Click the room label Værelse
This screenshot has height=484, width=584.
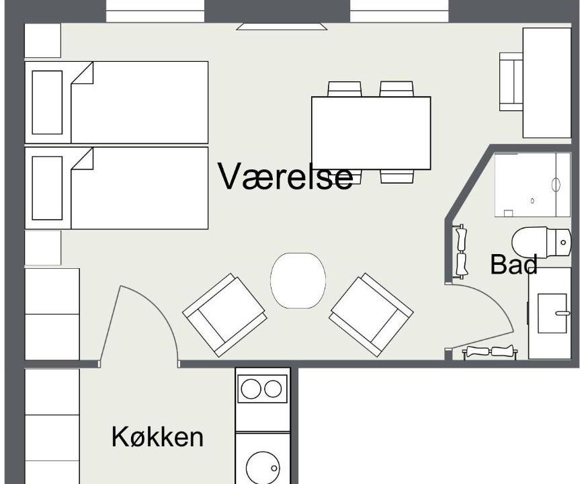[286, 176]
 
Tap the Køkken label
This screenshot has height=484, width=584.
[157, 437]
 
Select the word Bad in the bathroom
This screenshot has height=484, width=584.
[513, 264]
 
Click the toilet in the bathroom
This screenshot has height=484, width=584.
[541, 243]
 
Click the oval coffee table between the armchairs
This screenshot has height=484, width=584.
[298, 280]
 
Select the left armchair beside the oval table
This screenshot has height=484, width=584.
[224, 315]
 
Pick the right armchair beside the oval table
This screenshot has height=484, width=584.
[371, 315]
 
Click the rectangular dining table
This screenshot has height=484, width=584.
[371, 133]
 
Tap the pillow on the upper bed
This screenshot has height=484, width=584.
[47, 102]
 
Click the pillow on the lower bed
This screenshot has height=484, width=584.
[47, 188]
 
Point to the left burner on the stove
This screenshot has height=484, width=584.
[251, 389]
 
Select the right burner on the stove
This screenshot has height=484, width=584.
[273, 389]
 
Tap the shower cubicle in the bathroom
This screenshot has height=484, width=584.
[533, 185]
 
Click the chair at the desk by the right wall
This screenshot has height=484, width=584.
[511, 81]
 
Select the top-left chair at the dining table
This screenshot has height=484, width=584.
[345, 89]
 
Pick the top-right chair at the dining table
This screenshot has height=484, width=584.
[397, 89]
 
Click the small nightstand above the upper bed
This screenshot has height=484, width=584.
[43, 40]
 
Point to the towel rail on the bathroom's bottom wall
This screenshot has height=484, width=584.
[489, 352]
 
